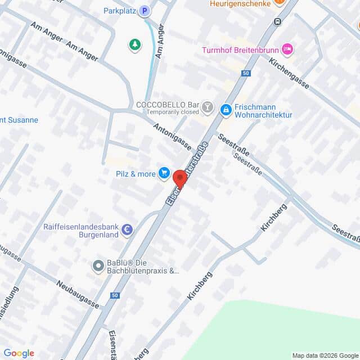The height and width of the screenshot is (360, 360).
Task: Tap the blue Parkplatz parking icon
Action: click(145, 11)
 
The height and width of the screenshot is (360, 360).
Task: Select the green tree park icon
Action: click(135, 44)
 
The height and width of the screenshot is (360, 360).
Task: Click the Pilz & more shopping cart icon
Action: click(164, 173)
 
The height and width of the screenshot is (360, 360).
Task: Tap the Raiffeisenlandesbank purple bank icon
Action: click(128, 229)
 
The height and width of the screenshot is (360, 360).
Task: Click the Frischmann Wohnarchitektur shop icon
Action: click(226, 110)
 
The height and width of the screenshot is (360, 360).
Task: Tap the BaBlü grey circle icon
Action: click(98, 265)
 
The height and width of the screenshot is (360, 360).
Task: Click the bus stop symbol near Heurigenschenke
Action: click(277, 21)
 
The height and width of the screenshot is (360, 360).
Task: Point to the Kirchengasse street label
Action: click(289, 74)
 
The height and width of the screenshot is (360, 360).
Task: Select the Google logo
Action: click(19, 353)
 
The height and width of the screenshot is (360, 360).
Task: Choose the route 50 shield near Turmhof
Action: click(245, 73)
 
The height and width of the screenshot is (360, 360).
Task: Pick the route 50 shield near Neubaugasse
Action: click(115, 295)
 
